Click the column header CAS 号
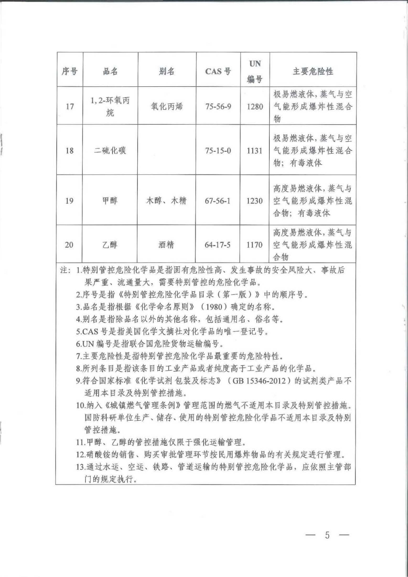[218, 71]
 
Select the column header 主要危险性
[313, 71]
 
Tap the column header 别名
[167, 71]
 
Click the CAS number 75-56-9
[218, 106]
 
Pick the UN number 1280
[255, 106]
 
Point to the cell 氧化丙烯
[167, 106]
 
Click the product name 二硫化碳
[110, 151]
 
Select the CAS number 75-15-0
[218, 151]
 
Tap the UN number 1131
[254, 151]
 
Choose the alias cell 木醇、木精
[166, 201]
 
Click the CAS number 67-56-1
[218, 201]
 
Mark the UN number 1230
[254, 201]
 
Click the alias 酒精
[166, 245]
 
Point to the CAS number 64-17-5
[217, 245]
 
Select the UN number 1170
[254, 245]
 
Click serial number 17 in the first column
[69, 106]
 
